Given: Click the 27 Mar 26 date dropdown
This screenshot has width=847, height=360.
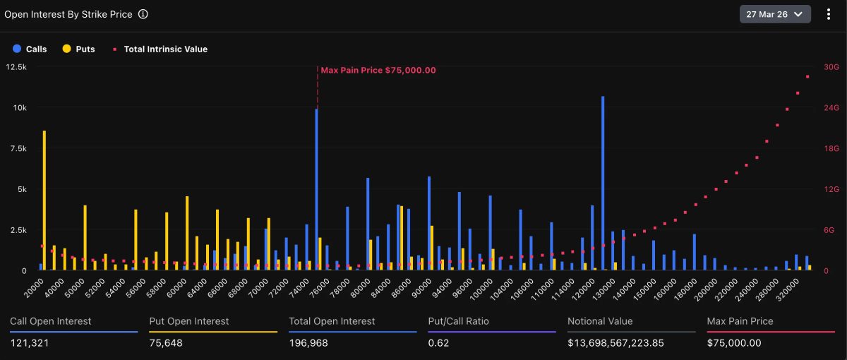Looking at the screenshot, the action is [x=775, y=14].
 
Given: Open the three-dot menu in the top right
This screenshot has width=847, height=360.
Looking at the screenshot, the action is [x=829, y=14].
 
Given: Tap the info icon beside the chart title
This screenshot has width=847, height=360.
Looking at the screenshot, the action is [x=143, y=14].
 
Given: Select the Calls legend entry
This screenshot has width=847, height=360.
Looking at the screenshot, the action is [x=30, y=49].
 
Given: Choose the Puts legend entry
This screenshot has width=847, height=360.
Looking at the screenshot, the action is [x=78, y=49].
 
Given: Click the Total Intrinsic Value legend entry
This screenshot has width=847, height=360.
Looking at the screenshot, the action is [x=160, y=49].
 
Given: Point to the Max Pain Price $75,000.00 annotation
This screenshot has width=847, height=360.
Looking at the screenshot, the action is [x=378, y=70].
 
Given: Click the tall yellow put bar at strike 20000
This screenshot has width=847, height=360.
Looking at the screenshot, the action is [x=44, y=200].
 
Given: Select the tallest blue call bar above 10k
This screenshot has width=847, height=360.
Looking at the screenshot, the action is [x=603, y=183].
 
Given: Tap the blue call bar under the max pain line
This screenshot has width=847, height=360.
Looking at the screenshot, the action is [x=316, y=189].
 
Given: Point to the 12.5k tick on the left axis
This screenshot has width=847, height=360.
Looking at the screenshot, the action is [x=16, y=67].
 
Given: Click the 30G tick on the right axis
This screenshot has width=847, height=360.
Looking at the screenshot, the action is [x=831, y=67].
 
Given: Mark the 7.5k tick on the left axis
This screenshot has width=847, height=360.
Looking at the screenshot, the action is [x=18, y=149].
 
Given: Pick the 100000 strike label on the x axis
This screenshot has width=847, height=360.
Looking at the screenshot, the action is [x=481, y=289].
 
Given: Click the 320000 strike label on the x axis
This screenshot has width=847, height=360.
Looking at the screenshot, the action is [x=787, y=289].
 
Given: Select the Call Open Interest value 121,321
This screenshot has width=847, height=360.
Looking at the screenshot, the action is [x=30, y=343].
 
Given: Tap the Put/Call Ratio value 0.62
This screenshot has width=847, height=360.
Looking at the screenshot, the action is [x=438, y=343].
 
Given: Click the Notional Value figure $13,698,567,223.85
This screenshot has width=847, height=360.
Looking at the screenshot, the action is [x=615, y=343].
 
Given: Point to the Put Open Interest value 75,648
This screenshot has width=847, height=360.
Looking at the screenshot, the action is [x=166, y=343].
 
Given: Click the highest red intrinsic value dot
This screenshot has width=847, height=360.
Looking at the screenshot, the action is [x=807, y=77].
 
